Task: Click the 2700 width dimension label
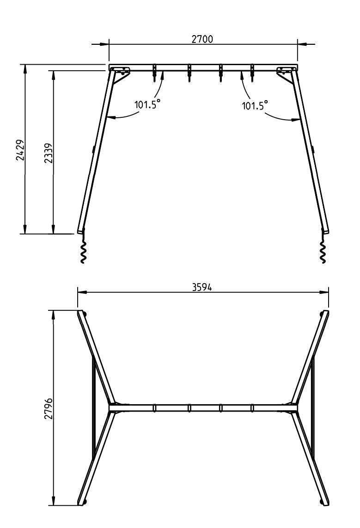pos(202,39)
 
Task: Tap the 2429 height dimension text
pos(20,150)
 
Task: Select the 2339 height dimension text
pos(48,153)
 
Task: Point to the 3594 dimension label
pos(202,287)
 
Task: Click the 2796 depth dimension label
pos(48,408)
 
